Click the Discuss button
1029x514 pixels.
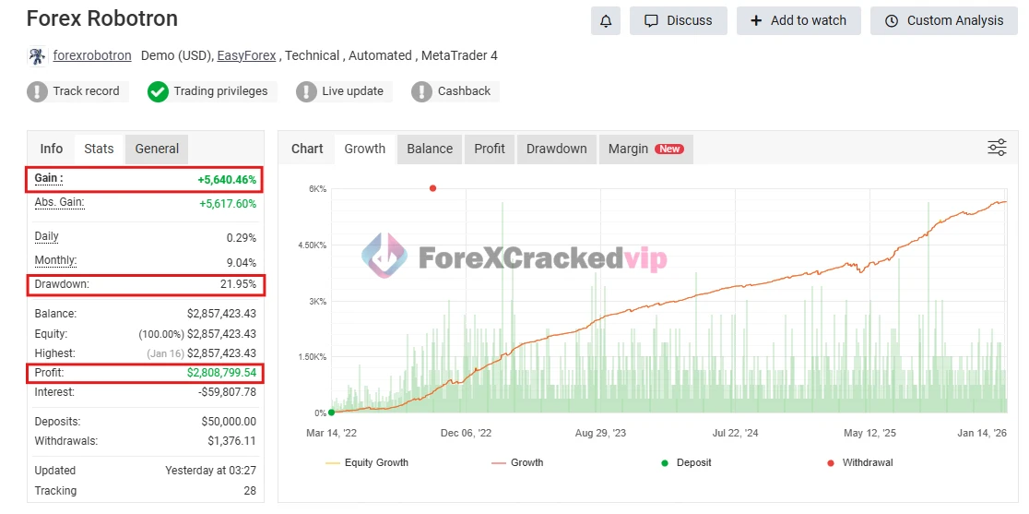(x=678, y=20)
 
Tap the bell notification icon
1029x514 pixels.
(x=605, y=20)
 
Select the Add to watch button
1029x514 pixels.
(x=798, y=20)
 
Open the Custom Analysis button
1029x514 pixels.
(x=943, y=20)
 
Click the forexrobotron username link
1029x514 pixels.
(x=92, y=55)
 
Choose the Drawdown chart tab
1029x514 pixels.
(x=556, y=149)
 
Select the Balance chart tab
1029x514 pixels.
(x=430, y=149)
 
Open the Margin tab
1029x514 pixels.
(x=645, y=149)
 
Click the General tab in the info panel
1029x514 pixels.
(x=157, y=149)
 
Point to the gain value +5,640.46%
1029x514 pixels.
(x=227, y=180)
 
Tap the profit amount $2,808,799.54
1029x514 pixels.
(x=221, y=374)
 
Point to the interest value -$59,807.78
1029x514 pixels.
(x=226, y=392)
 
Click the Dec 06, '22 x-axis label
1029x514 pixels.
(x=466, y=432)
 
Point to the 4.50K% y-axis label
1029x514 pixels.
(x=310, y=245)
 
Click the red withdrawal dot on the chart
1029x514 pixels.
(x=432, y=188)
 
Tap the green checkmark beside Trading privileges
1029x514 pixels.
(x=158, y=91)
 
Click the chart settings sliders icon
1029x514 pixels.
(x=997, y=148)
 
